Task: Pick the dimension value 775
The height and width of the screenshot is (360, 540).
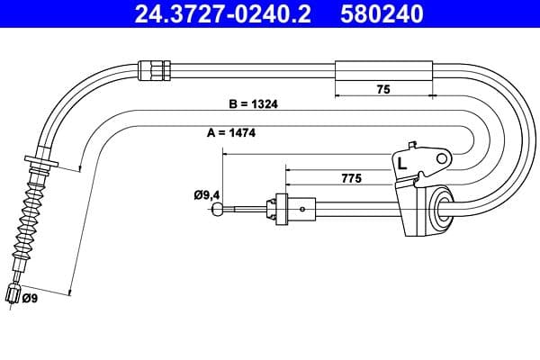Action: (351, 179)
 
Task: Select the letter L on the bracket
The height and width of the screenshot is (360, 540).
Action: (402, 165)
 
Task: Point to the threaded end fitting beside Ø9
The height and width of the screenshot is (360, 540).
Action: (13, 294)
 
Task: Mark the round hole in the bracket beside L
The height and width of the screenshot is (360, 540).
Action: (441, 158)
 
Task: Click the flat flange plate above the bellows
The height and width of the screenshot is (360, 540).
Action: (40, 164)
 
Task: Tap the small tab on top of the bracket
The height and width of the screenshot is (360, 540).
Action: (412, 145)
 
